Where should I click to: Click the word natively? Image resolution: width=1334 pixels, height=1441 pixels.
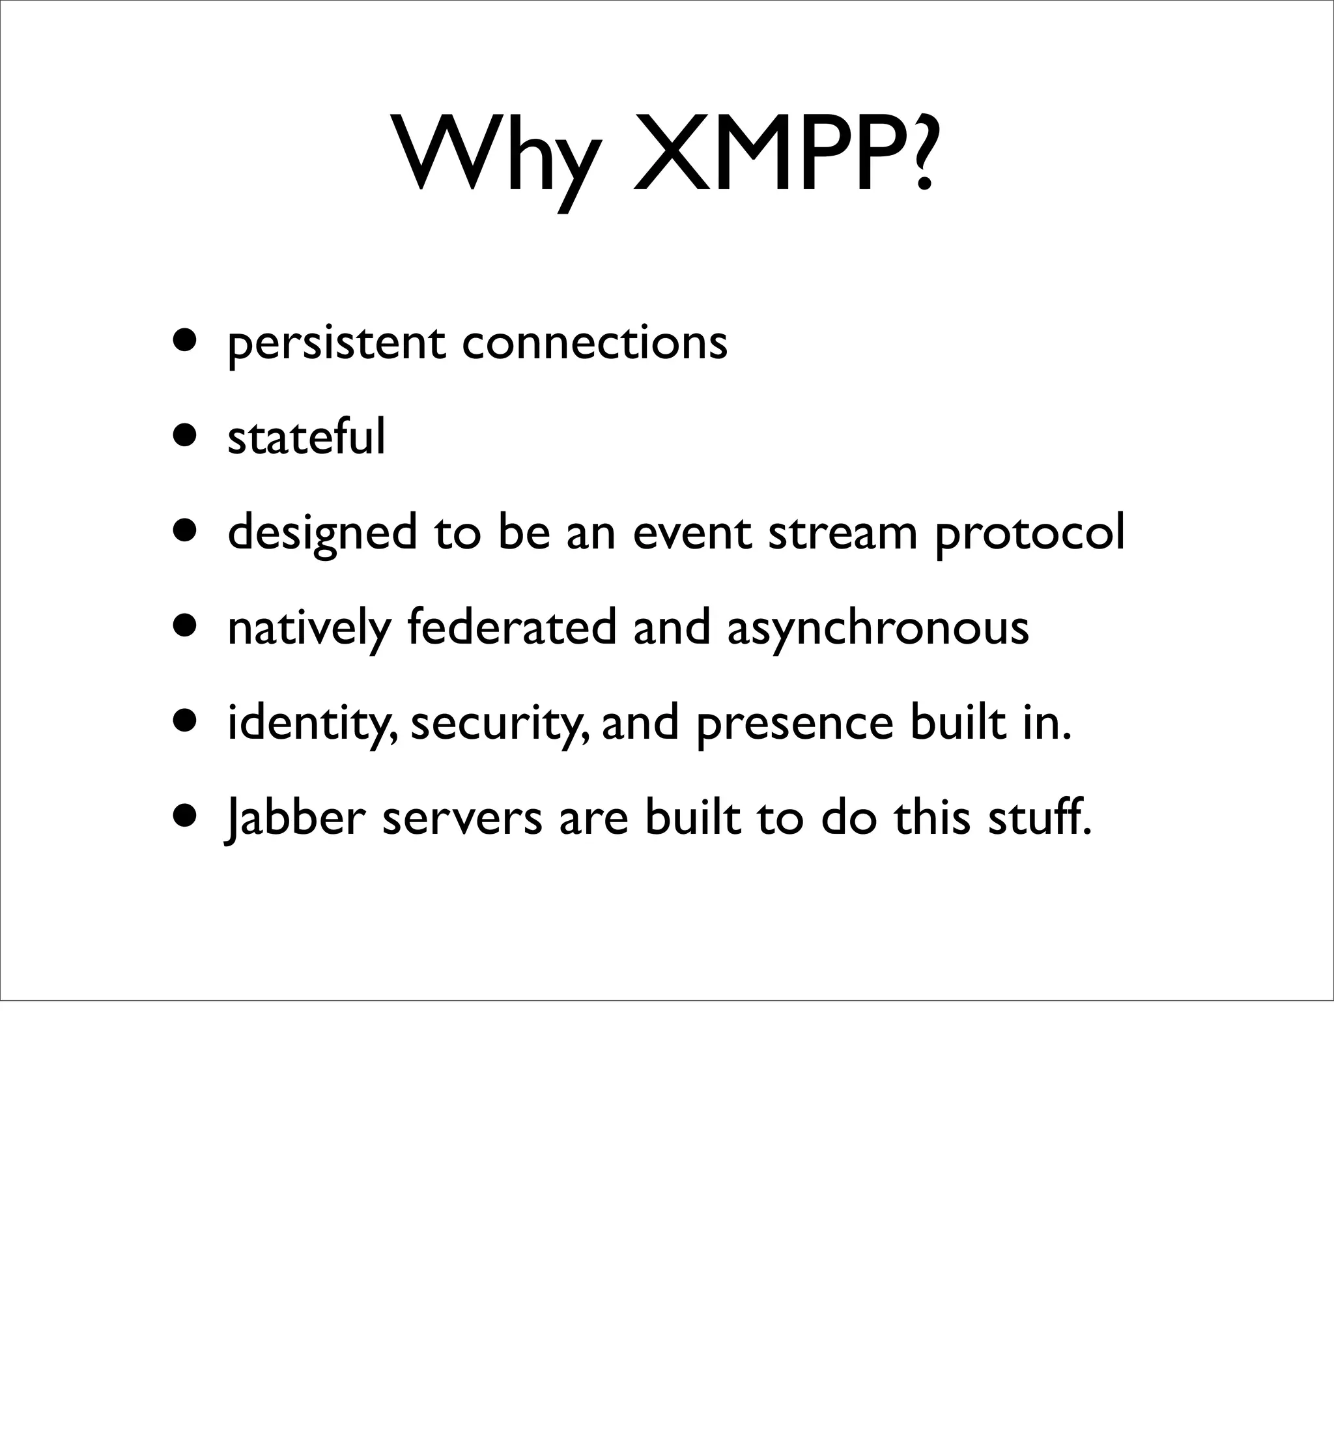pos(309,629)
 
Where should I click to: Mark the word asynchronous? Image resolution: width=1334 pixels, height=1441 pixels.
pos(878,629)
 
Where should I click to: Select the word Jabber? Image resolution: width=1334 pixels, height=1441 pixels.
pos(296,819)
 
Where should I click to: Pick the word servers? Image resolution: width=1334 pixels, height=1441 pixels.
pos(462,820)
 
